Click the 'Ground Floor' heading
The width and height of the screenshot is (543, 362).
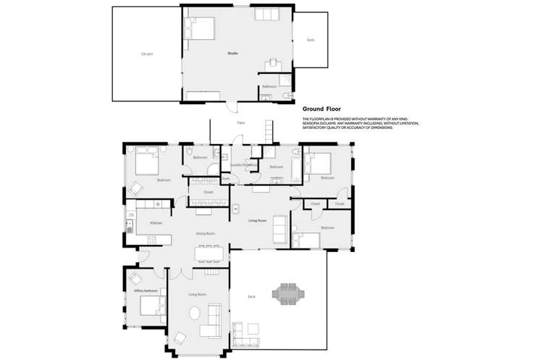(327, 109)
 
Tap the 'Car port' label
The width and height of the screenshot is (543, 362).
(146, 54)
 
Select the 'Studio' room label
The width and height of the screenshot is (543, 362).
(232, 54)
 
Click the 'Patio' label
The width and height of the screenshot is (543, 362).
(240, 123)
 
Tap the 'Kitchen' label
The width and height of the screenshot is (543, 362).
(156, 223)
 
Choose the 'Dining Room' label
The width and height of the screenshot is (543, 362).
(206, 233)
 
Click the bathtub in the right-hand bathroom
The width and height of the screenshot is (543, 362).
(297, 168)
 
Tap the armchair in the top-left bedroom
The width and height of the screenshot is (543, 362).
(135, 188)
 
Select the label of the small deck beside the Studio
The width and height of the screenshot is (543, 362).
(310, 40)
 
